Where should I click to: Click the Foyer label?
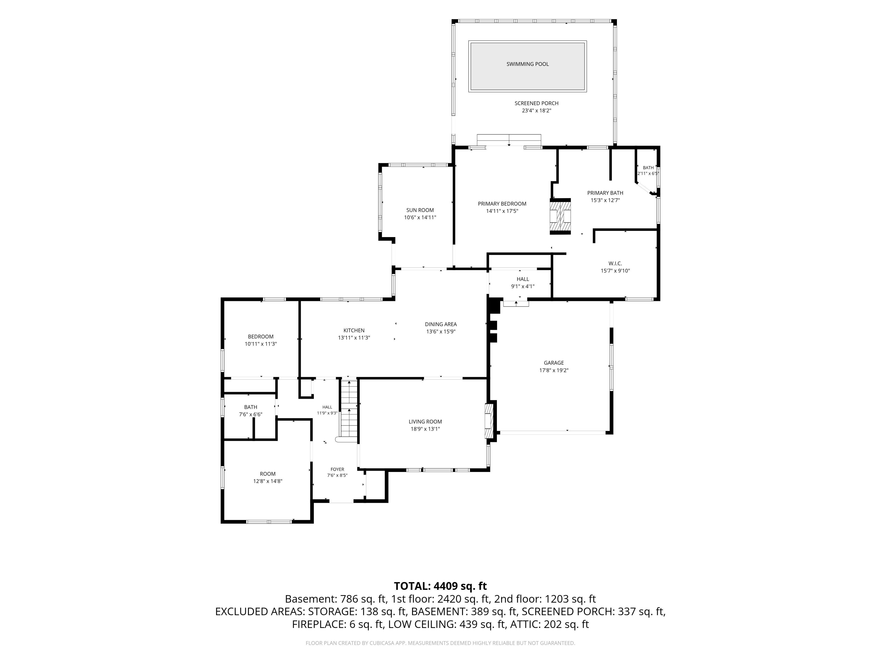[x=337, y=469]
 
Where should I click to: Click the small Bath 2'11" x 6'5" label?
[x=648, y=171]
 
